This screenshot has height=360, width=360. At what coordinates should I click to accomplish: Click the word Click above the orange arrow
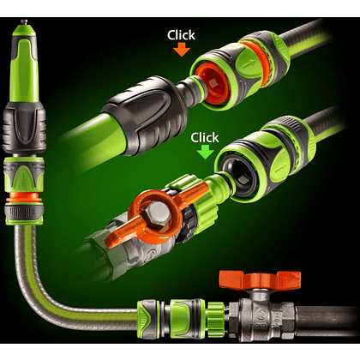pyautogui.click(x=181, y=35)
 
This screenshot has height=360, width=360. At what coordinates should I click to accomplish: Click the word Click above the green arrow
pyautogui.click(x=205, y=137)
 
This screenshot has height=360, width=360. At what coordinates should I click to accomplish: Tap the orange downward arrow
pyautogui.click(x=182, y=49)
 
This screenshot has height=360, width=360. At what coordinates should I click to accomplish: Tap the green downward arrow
pyautogui.click(x=205, y=152)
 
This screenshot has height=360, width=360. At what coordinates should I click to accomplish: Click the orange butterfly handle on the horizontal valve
pyautogui.click(x=260, y=279)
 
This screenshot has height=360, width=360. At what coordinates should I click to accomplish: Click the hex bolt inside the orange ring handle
pyautogui.click(x=157, y=213)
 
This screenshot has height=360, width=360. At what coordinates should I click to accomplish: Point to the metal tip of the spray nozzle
pyautogui.click(x=24, y=21)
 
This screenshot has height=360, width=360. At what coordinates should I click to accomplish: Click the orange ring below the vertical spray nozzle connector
pyautogui.click(x=24, y=197)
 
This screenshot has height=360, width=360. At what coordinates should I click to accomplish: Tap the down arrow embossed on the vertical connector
pyautogui.click(x=23, y=178)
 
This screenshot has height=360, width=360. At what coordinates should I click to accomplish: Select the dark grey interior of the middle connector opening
pyautogui.click(x=241, y=177)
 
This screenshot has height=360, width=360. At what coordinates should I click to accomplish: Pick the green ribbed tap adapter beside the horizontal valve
pyautogui.click(x=215, y=315)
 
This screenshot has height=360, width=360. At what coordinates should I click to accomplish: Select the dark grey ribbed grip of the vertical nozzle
pyautogui.click(x=24, y=127)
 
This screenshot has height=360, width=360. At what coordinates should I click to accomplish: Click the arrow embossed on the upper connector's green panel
pyautogui.click(x=248, y=64)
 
